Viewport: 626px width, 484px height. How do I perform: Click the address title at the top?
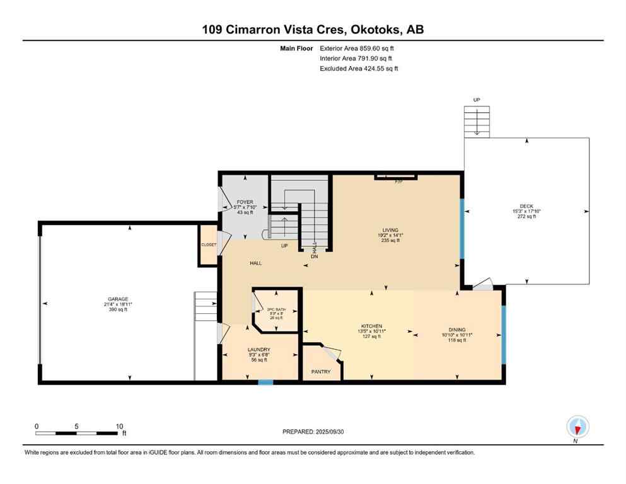pos(313,29)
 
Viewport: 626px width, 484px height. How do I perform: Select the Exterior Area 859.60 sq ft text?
pos(359,48)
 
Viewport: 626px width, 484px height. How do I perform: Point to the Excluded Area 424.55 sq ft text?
pos(359,68)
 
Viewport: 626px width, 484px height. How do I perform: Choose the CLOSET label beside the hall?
pos(209,245)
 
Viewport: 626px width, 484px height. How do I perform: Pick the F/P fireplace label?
pos(398,181)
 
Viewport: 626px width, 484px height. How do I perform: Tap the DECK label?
pos(526,205)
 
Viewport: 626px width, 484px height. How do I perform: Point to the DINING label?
pos(457,330)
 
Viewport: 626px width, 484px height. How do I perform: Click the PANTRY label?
pos(321,372)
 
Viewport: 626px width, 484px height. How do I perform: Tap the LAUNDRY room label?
pos(259,349)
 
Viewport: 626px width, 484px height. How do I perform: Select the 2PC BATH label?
pos(276,308)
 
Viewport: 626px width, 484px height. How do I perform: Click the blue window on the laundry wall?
pos(266,381)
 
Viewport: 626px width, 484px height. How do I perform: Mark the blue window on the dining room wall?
pos(502,335)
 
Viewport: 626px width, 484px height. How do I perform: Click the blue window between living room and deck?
pos(461,229)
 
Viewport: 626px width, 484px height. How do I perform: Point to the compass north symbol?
pos(577,427)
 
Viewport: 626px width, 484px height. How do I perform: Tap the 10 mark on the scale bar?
pos(119,426)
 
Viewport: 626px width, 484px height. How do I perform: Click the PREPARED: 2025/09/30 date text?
pos(313,432)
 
